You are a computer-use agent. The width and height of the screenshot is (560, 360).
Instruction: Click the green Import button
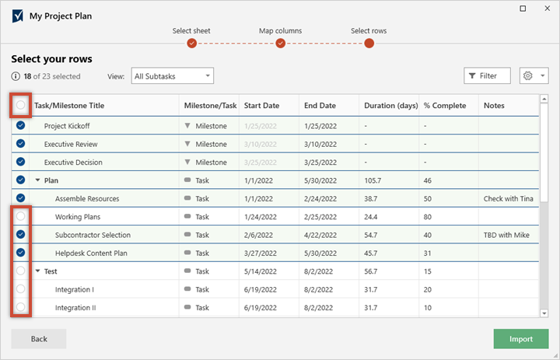[x=521, y=339]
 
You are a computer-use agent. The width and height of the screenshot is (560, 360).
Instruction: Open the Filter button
[x=487, y=75]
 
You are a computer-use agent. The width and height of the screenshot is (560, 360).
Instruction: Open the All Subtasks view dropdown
[x=172, y=75]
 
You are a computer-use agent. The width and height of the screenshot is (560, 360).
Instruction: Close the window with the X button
[x=544, y=9]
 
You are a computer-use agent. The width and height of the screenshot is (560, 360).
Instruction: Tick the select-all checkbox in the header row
[x=20, y=105]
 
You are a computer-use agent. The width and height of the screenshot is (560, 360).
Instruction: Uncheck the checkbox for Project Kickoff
[x=20, y=125]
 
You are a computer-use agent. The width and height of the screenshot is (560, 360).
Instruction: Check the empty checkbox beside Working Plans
[x=20, y=216]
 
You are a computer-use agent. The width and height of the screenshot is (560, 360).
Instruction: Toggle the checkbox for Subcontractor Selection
[x=20, y=234]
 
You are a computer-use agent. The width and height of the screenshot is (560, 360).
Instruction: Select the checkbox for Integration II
[x=20, y=307]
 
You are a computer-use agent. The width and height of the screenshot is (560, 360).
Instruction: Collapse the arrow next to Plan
[x=38, y=180]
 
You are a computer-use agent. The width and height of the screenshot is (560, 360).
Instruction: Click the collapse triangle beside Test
[x=38, y=271]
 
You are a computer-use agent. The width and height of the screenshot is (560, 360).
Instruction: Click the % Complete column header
[x=446, y=106]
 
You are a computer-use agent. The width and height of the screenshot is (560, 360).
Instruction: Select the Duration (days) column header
[x=390, y=106]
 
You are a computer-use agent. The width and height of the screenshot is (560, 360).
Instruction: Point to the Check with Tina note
[x=508, y=198]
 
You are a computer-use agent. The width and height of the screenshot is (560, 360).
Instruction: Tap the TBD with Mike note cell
[x=506, y=235]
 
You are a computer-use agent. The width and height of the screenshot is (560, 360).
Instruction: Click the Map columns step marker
[x=280, y=43]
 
